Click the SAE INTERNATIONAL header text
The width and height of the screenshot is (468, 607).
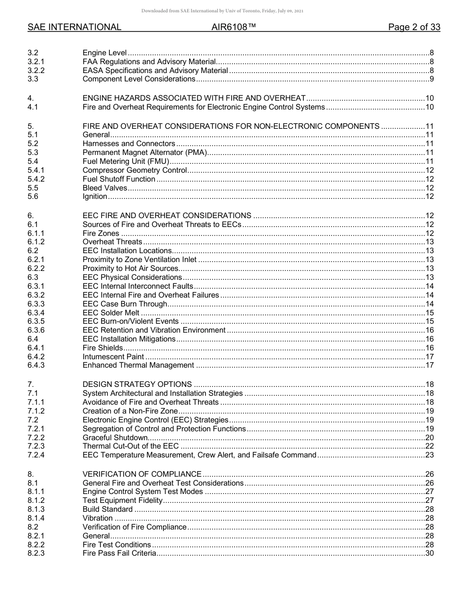click(74, 27)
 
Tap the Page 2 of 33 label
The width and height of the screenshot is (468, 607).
click(414, 27)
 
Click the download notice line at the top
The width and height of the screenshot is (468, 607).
click(222, 11)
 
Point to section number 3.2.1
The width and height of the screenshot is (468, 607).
click(36, 62)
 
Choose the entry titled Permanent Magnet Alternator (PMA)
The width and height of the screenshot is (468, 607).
click(145, 152)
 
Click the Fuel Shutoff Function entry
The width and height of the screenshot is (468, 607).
click(119, 179)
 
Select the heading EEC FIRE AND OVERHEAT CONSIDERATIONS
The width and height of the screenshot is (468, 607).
click(167, 216)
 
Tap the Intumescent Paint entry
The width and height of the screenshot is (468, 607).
click(113, 357)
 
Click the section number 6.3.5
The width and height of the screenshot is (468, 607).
click(36, 321)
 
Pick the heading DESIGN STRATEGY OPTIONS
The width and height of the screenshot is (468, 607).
click(137, 384)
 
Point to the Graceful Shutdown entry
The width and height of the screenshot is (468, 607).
click(115, 438)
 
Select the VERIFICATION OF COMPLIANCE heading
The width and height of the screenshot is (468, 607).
click(142, 474)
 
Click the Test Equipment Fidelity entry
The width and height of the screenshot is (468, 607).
click(122, 500)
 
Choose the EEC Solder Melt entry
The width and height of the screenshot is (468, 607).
click(111, 313)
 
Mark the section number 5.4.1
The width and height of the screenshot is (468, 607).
click(36, 170)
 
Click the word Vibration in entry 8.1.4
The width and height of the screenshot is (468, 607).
click(98, 518)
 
